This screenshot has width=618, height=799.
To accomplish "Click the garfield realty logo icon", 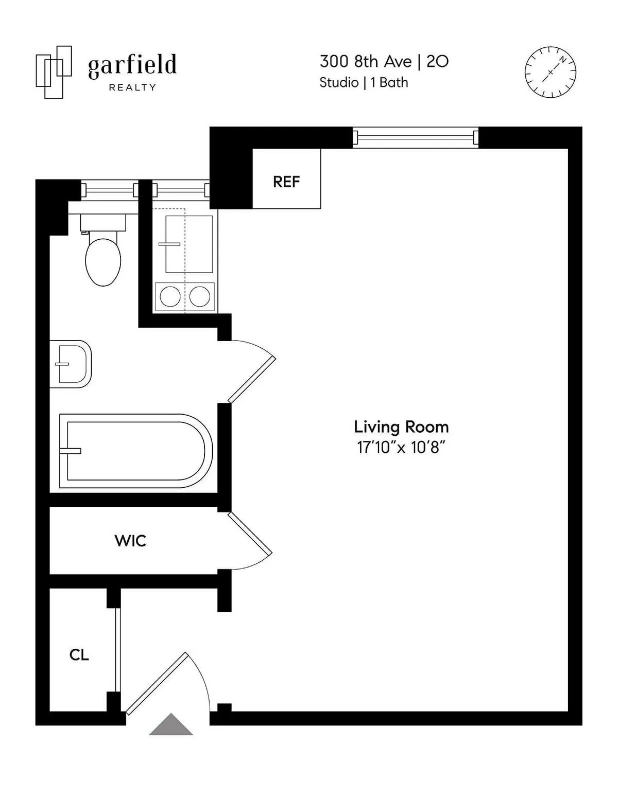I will coord(53,72).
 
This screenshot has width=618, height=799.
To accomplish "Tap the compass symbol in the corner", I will coord(550,72).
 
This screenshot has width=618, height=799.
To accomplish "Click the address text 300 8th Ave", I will coord(365,62).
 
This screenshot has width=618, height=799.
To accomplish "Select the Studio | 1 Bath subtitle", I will coord(364,82).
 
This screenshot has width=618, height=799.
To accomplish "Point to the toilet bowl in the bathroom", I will coord(103,261).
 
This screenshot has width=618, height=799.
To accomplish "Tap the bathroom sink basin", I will coord(71,364).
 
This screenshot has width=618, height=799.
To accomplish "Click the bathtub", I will coord(135,451).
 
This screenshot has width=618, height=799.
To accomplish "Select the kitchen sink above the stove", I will coord(189,244).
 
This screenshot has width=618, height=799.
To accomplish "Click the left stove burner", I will coord(170,297).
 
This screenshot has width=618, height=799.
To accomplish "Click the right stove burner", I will coord(200,297).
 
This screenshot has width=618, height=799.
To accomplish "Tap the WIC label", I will coord(130,541).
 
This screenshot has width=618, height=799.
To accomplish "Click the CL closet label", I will coord(79,655).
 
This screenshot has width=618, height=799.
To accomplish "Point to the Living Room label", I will coord(401,427).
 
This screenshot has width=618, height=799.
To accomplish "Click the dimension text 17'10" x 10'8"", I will coord(401,448).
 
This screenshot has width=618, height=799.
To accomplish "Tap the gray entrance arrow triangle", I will coord(171,725).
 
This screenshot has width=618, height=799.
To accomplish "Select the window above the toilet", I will coord(110,190).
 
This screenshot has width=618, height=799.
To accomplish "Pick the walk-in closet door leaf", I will coord(250,534).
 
